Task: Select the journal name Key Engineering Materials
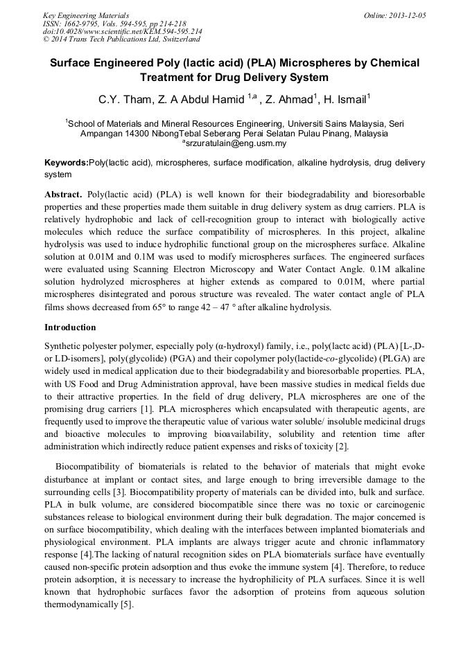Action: (86, 15)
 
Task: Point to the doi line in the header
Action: (123, 31)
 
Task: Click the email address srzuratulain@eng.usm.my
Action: (234, 143)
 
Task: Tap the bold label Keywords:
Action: (67, 163)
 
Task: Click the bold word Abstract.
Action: (64, 195)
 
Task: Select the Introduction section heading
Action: (70, 327)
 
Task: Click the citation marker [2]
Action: (342, 447)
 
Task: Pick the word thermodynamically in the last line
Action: (81, 604)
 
